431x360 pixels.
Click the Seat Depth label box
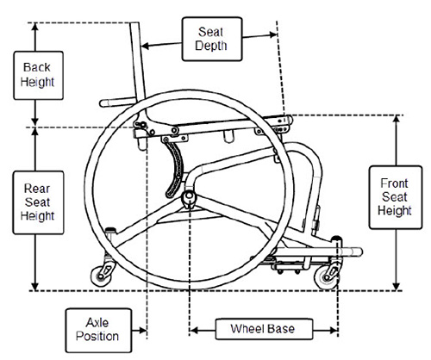[x=211, y=38]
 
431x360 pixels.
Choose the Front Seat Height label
[x=395, y=197]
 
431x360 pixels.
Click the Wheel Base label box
[x=262, y=328]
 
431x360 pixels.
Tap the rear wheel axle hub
[x=189, y=199]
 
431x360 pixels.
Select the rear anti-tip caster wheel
[x=103, y=275]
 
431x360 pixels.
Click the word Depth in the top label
[x=211, y=47]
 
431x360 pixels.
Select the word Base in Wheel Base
[x=283, y=328]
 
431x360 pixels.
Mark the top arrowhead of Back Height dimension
[x=35, y=27]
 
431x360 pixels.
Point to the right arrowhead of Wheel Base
[x=334, y=328]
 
